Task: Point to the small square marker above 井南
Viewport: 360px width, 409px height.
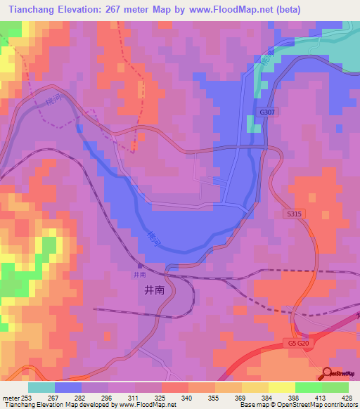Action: [x=139, y=266]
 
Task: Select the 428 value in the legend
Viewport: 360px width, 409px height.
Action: [x=348, y=398]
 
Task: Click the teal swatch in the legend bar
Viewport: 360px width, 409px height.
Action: [x=41, y=387]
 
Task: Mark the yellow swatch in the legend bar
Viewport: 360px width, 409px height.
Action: [x=281, y=387]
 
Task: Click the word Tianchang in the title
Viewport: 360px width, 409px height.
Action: [x=33, y=10]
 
